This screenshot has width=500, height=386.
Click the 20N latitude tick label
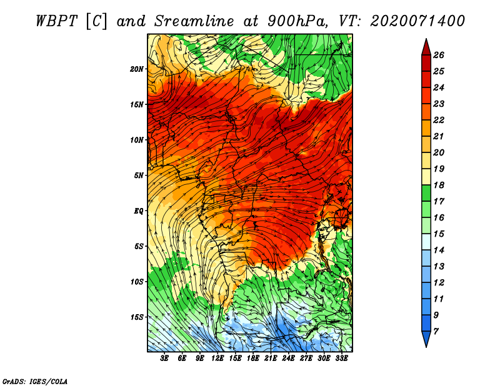tap(137, 69)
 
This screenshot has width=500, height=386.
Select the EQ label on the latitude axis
tap(139, 210)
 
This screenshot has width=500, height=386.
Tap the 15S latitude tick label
tap(137, 317)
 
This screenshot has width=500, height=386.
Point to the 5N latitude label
tap(139, 176)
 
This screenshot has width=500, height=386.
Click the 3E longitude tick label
tap(164, 359)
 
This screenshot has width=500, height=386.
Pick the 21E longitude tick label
tap(271, 359)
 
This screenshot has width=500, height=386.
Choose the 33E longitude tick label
tap(341, 359)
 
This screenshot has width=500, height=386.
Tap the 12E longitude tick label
tap(217, 359)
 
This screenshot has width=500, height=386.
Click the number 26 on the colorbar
tap(439, 55)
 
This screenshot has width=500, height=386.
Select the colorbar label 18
tap(439, 185)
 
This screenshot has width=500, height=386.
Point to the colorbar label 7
tap(436, 332)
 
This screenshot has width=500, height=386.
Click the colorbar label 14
tap(439, 250)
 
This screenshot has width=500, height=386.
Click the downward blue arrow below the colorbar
tap(426, 338)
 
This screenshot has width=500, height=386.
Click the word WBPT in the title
tap(57, 21)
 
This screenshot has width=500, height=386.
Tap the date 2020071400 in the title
tap(417, 21)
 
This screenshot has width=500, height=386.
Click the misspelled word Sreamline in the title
tap(194, 21)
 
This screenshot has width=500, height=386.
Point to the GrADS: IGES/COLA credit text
tap(35, 382)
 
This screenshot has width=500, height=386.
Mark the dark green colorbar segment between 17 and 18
tap(426, 193)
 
